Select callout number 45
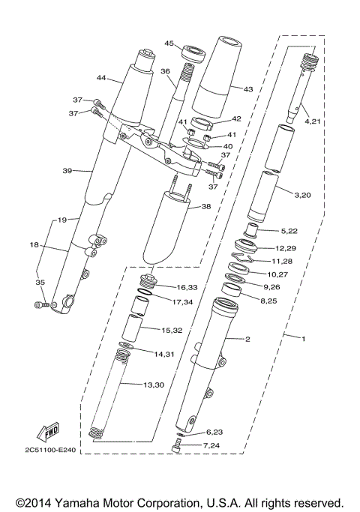(169, 43)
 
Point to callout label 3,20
(302, 194)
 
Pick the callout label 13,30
(154, 385)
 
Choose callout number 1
(303, 339)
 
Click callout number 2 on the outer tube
(247, 339)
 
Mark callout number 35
(40, 283)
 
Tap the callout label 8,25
(270, 300)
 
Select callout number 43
(249, 88)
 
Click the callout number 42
(236, 118)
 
